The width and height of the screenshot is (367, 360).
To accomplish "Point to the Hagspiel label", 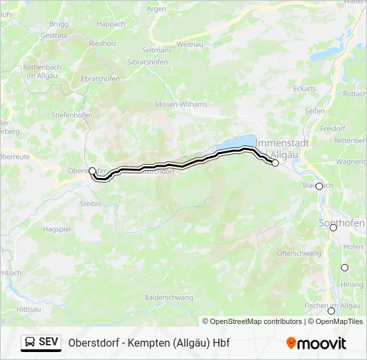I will point(57,229).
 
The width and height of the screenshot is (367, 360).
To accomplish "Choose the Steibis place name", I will point(90,203).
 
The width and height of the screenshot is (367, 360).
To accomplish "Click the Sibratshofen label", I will point(148,61).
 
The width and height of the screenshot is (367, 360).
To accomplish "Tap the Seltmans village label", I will point(157,50).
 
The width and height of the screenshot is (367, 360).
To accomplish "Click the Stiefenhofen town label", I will point(71,115).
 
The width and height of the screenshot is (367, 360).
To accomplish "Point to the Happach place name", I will point(111,24).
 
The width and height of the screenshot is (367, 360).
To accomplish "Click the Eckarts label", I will point(304,89).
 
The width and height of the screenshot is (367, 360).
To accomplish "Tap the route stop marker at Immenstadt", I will point(275,163).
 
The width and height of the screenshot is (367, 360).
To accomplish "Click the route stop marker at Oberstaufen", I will point(92,171).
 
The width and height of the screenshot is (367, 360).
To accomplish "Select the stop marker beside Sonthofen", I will point(333,227).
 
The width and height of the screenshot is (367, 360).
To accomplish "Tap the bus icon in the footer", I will point(30,342).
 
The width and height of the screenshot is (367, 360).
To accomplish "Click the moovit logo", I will point(316,343).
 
